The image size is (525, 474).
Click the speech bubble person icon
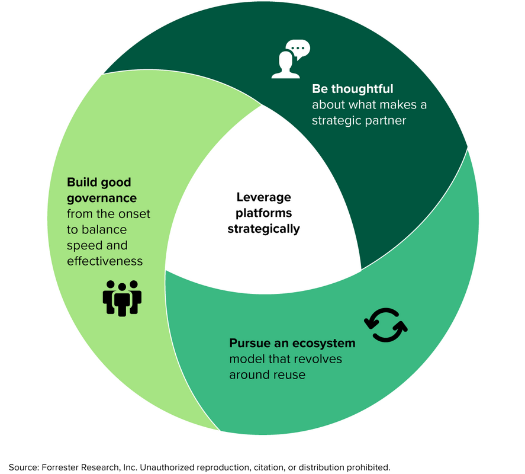coord(290,59)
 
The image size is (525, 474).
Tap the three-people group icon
coord(123,297)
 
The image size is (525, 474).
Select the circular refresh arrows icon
coord(386,325)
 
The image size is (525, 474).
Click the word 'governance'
coord(102,198)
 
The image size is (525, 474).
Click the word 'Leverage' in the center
coord(263,197)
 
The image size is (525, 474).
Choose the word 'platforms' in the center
coord(264,213)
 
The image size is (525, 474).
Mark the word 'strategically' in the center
coord(264,228)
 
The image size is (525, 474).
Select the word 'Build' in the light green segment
coord(81,182)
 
